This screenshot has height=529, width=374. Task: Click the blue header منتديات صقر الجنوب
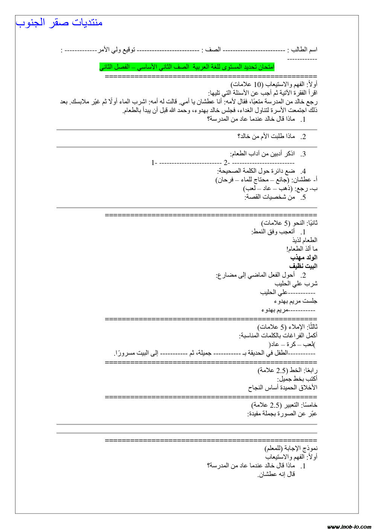coord(59,23)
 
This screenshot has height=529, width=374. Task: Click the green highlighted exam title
coord(187,67)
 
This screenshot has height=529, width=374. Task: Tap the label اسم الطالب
coord(302,50)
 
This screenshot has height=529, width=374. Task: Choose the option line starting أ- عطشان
coord(267,180)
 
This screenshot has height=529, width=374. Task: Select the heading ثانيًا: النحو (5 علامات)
coord(289,223)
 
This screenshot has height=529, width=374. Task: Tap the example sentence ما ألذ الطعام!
coord(302,249)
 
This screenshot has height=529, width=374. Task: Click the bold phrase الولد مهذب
coord(304,257)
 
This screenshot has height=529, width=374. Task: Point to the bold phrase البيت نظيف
coord(304,266)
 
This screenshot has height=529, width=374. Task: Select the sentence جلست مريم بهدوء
coord(296,301)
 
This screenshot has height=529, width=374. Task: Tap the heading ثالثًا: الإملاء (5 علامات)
coord(287,327)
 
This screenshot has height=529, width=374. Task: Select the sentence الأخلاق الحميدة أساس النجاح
coord(282,387)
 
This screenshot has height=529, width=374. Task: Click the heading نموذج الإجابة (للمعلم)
coord(291,448)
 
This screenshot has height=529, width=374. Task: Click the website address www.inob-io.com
coord(349,526)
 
